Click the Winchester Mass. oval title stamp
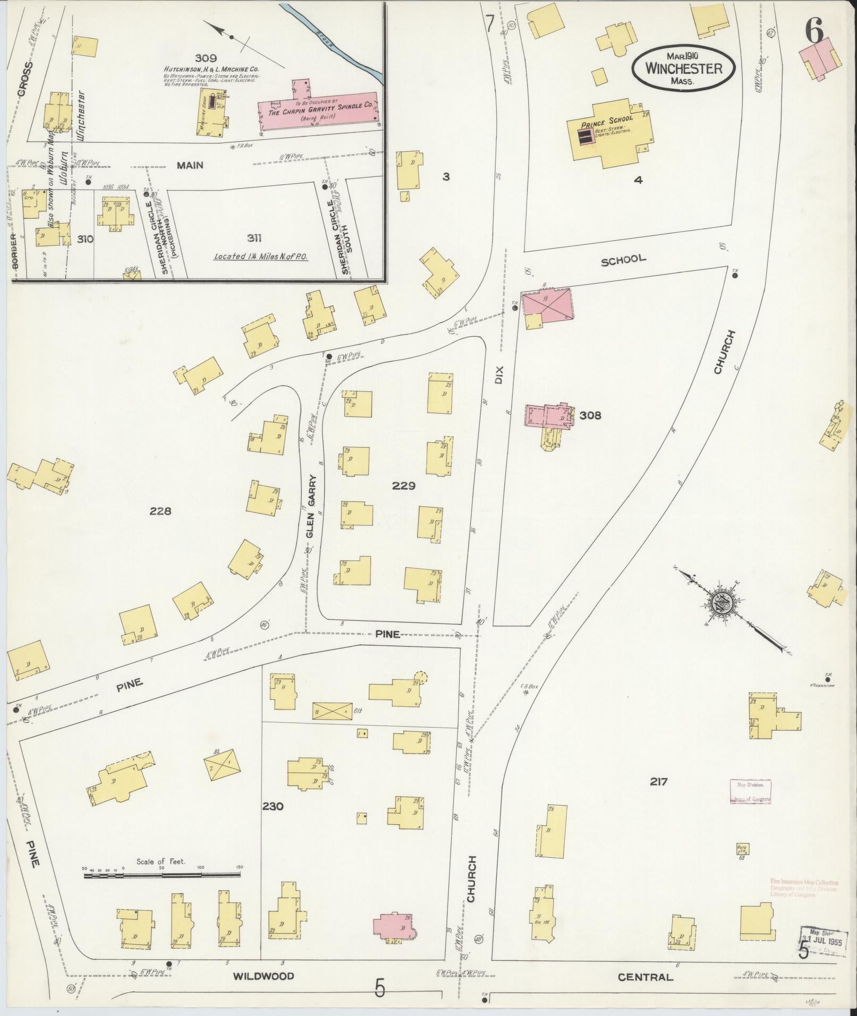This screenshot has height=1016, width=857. point(684,68)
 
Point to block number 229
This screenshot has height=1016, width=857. point(403,485)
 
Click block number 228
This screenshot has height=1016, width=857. point(160,511)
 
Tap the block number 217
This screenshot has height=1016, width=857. point(658,781)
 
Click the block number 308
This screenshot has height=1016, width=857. point(590,415)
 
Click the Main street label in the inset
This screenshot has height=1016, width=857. point(190,165)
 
